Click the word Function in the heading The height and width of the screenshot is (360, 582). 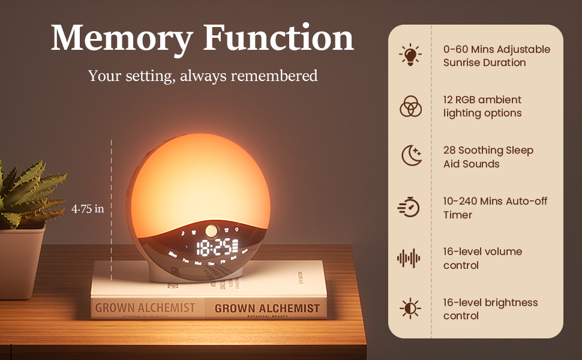click(x=279, y=38)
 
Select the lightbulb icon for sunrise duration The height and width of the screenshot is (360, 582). click(x=410, y=55)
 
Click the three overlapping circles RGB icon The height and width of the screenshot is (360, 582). click(x=410, y=106)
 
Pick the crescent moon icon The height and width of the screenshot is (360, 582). click(x=411, y=157)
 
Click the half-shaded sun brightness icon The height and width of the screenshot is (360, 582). click(x=410, y=308)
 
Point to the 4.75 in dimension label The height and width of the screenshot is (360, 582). click(x=88, y=209)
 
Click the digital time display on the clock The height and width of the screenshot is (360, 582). click(x=215, y=247)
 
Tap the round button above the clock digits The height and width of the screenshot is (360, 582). click(x=211, y=230)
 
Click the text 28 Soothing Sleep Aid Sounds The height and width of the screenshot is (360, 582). click(x=488, y=157)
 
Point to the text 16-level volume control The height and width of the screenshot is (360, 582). click(x=482, y=258)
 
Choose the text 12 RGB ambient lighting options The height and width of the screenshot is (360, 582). click(x=482, y=106)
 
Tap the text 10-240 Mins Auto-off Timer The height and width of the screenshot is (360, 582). click(x=495, y=208)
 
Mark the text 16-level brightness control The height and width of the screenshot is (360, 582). click(x=490, y=309)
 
